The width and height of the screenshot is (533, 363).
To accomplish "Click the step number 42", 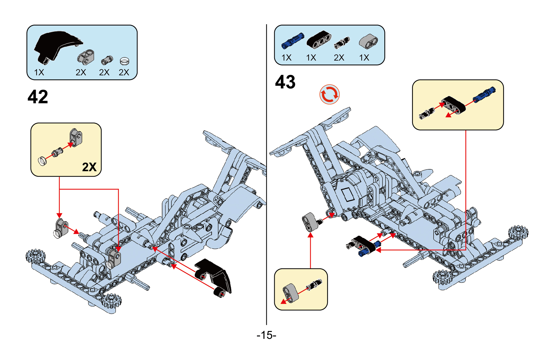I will (x=38, y=97).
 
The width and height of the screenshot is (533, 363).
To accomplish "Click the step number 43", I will (x=285, y=82).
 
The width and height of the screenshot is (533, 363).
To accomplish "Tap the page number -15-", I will (x=266, y=335).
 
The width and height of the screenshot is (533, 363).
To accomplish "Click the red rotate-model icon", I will (x=330, y=94).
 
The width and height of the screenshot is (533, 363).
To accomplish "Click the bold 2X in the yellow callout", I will (x=89, y=167).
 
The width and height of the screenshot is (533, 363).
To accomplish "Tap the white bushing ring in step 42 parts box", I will (x=124, y=61).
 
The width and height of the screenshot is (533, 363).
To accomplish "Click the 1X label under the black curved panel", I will (x=39, y=73).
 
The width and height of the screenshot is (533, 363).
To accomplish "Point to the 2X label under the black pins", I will (x=339, y=58).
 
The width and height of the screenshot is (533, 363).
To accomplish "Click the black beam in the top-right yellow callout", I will (x=454, y=105).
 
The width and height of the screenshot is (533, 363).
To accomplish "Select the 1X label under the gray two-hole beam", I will (x=364, y=58).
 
